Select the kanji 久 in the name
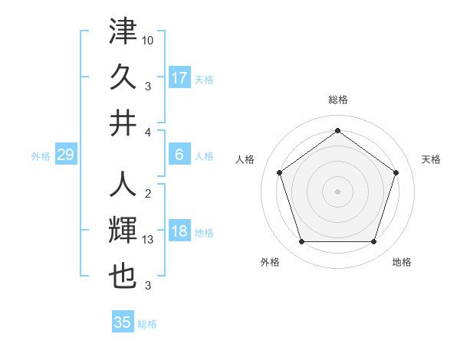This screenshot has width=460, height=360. (x=123, y=76)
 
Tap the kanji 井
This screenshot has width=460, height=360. (x=123, y=123)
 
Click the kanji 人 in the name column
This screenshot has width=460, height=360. (x=123, y=185)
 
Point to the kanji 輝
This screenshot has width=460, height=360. (x=123, y=231)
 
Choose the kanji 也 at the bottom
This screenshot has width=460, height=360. (x=123, y=277)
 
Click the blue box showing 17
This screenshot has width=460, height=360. (x=179, y=77)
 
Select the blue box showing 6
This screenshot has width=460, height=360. (x=179, y=155)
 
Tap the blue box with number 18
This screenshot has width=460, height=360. (x=179, y=231)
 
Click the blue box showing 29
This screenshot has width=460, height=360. (x=65, y=155)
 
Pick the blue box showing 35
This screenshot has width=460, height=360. (x=123, y=322)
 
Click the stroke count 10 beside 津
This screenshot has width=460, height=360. (x=149, y=38)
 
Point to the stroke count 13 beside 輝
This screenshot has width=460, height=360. (x=149, y=240)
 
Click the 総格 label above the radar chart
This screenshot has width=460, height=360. (x=337, y=100)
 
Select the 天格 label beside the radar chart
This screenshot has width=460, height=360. (x=431, y=159)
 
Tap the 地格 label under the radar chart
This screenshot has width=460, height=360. (x=402, y=262)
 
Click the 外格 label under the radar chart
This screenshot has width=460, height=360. (x=270, y=262)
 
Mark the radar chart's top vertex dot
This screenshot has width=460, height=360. (x=337, y=130)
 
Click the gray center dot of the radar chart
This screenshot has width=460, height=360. (x=337, y=191)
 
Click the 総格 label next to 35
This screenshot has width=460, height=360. (x=147, y=323)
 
